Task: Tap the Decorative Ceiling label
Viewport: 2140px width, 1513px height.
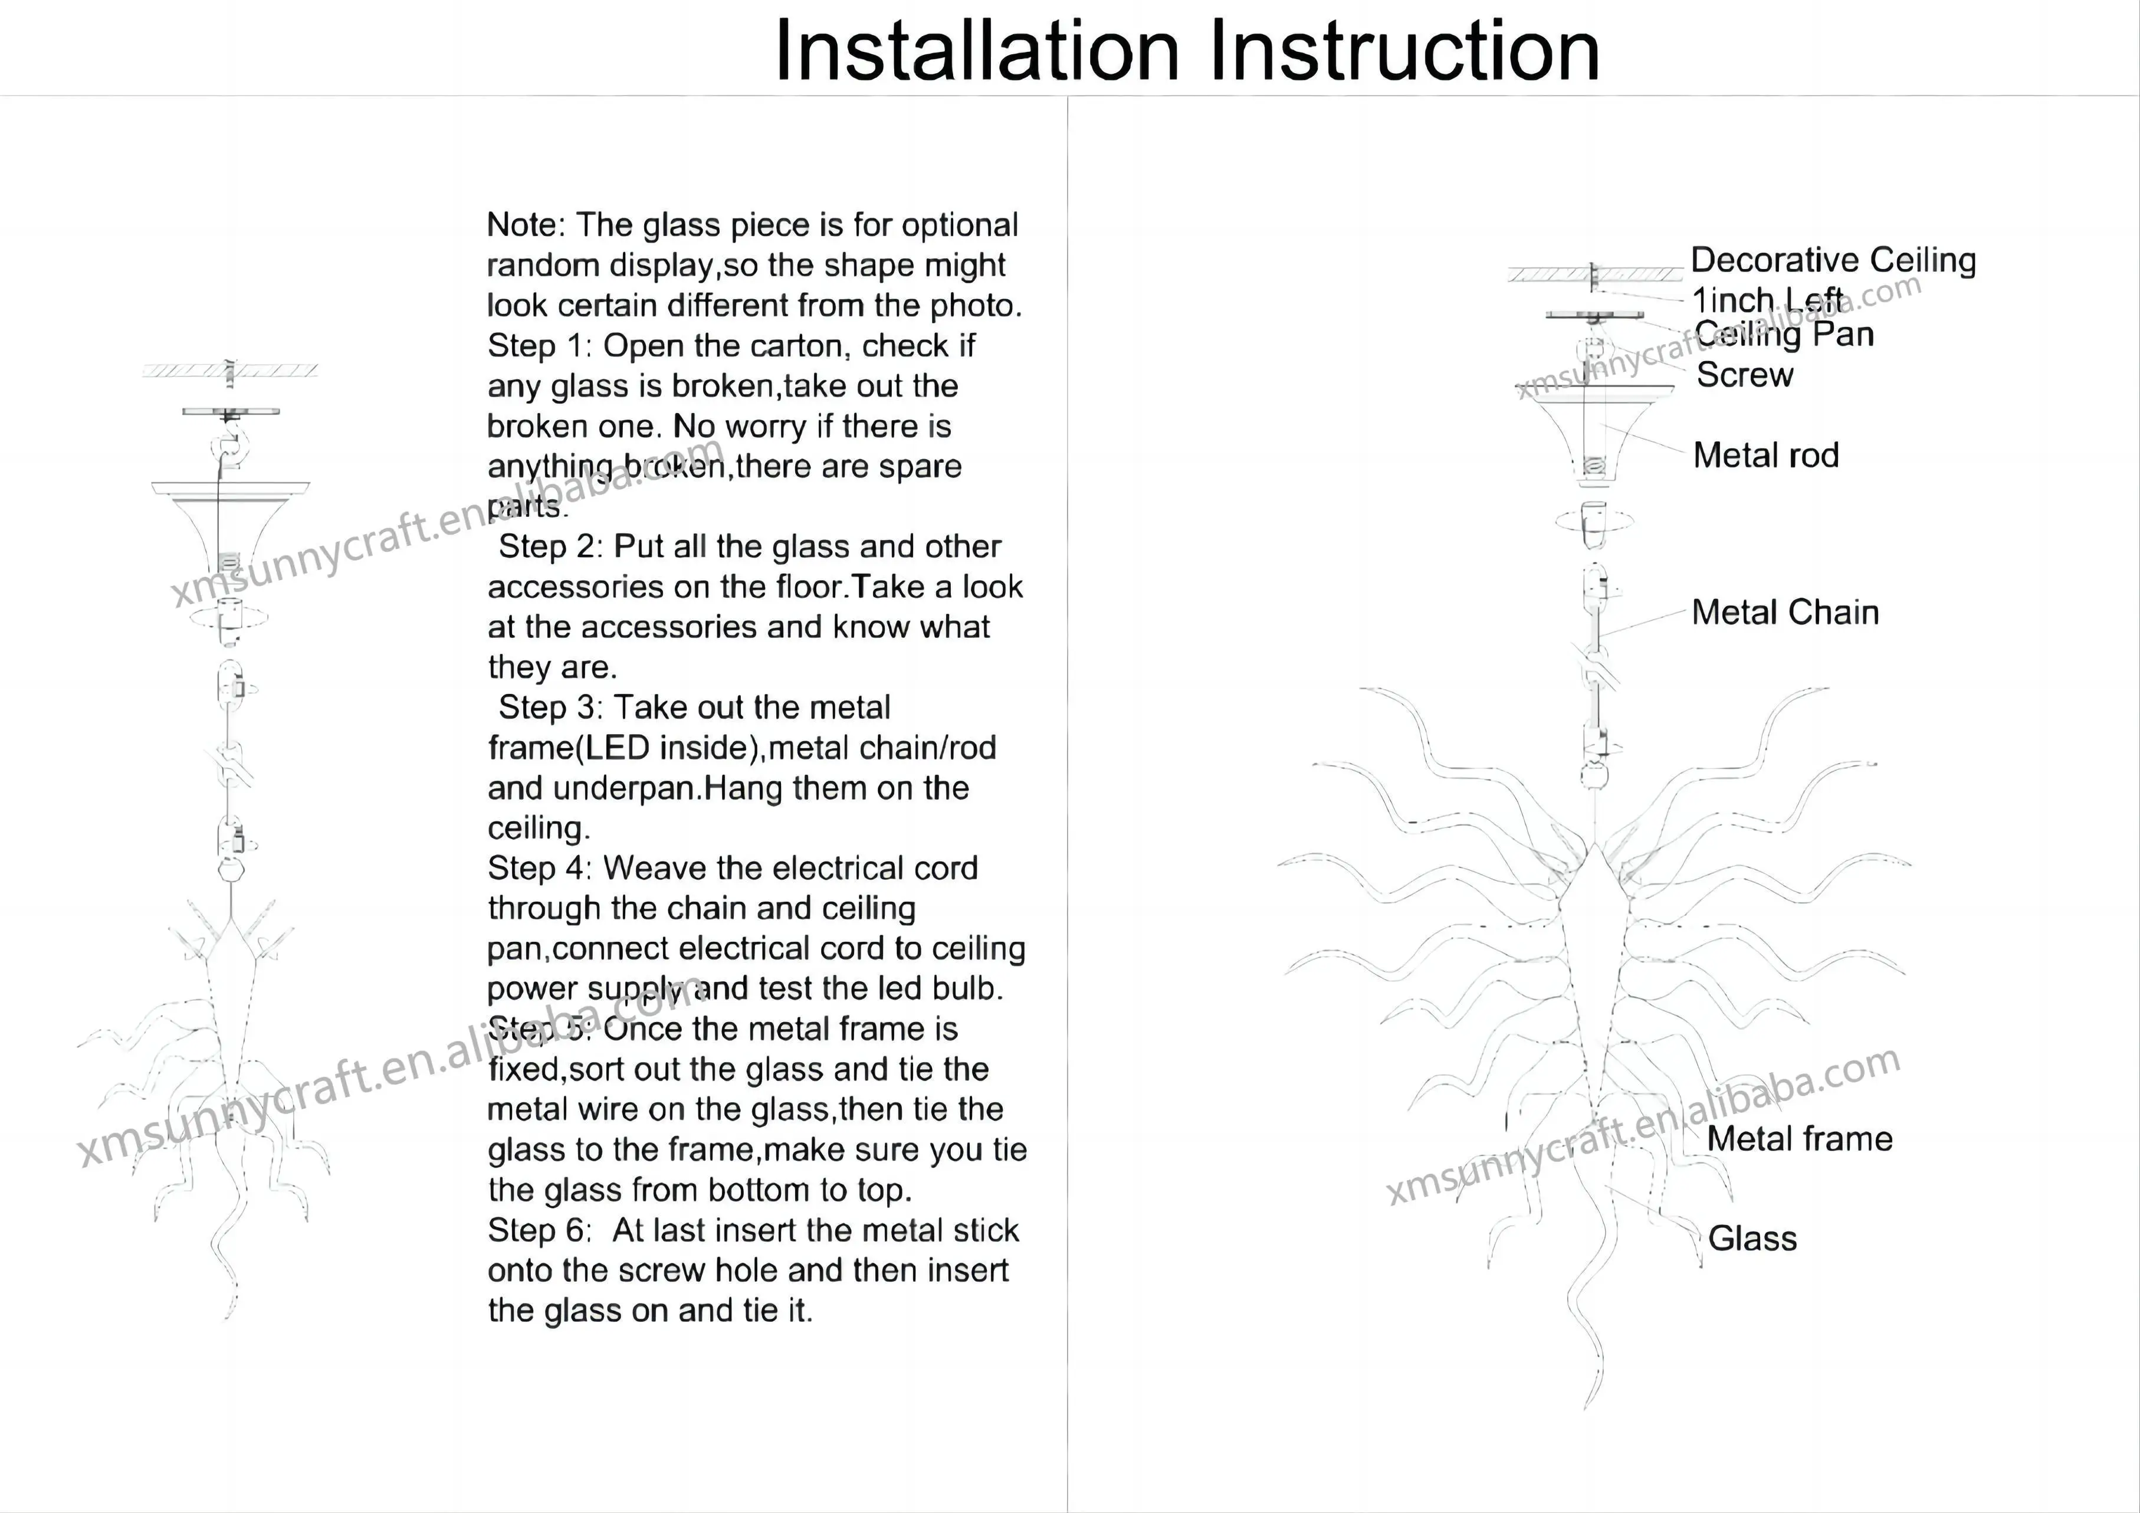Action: (x=1833, y=260)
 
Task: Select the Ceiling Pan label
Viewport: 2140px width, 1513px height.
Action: (x=1784, y=335)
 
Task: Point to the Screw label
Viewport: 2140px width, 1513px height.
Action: (x=1744, y=375)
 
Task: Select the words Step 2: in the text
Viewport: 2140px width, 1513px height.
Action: (x=551, y=547)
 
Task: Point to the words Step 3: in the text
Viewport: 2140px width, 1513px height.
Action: (x=551, y=708)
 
